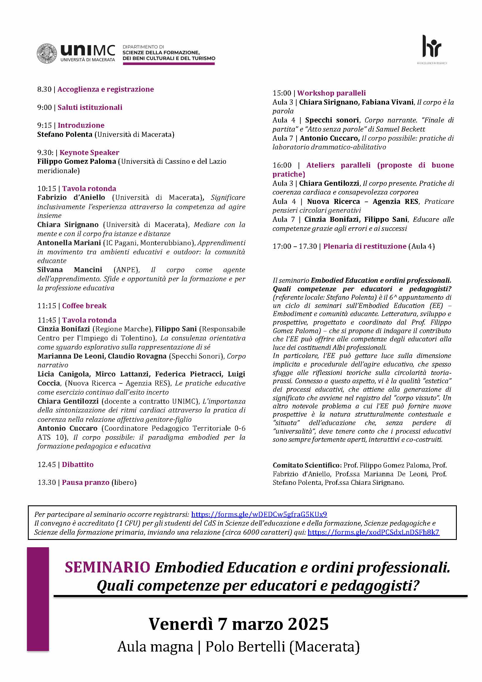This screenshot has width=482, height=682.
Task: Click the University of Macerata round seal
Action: point(47,54)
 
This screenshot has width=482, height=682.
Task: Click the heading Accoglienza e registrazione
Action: point(105,89)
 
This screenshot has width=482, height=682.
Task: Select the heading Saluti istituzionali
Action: point(90,108)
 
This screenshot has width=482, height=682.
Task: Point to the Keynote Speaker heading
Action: point(89,153)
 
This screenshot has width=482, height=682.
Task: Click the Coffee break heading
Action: point(84,306)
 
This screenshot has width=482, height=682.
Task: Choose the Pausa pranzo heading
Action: point(86,482)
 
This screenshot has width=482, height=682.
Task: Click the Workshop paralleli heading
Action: point(331,93)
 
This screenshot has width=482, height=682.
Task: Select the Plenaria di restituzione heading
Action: point(365,247)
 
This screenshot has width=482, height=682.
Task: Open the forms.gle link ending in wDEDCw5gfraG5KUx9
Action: point(259,514)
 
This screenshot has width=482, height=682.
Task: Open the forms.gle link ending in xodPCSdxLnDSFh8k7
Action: point(373,532)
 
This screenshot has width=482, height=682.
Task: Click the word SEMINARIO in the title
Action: point(107,568)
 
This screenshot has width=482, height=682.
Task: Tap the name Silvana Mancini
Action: point(69,270)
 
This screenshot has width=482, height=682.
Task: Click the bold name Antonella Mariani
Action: point(69,243)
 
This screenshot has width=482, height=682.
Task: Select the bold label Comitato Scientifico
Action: point(306,466)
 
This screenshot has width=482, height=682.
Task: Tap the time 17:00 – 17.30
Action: point(294,247)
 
